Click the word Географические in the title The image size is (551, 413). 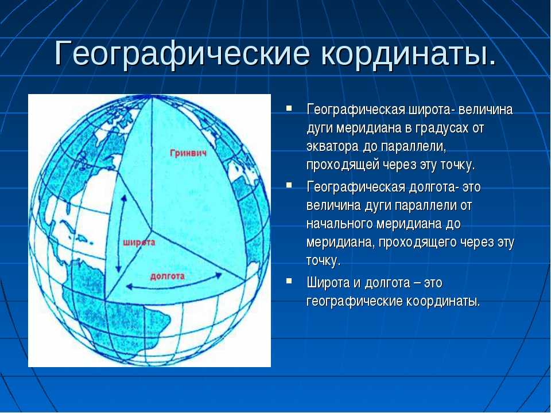click(182, 54)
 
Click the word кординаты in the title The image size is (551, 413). click(409, 54)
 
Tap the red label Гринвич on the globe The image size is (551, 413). click(188, 153)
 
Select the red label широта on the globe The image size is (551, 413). click(139, 242)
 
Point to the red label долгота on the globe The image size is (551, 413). click(168, 276)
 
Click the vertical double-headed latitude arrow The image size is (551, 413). click(121, 233)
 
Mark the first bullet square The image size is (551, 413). click(289, 108)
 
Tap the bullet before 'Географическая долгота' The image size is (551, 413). click(289, 185)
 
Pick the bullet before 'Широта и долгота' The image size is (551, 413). click(289, 280)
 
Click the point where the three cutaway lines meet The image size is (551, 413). click(152, 231)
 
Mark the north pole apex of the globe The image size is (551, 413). click(152, 97)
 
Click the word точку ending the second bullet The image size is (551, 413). click(323, 261)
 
